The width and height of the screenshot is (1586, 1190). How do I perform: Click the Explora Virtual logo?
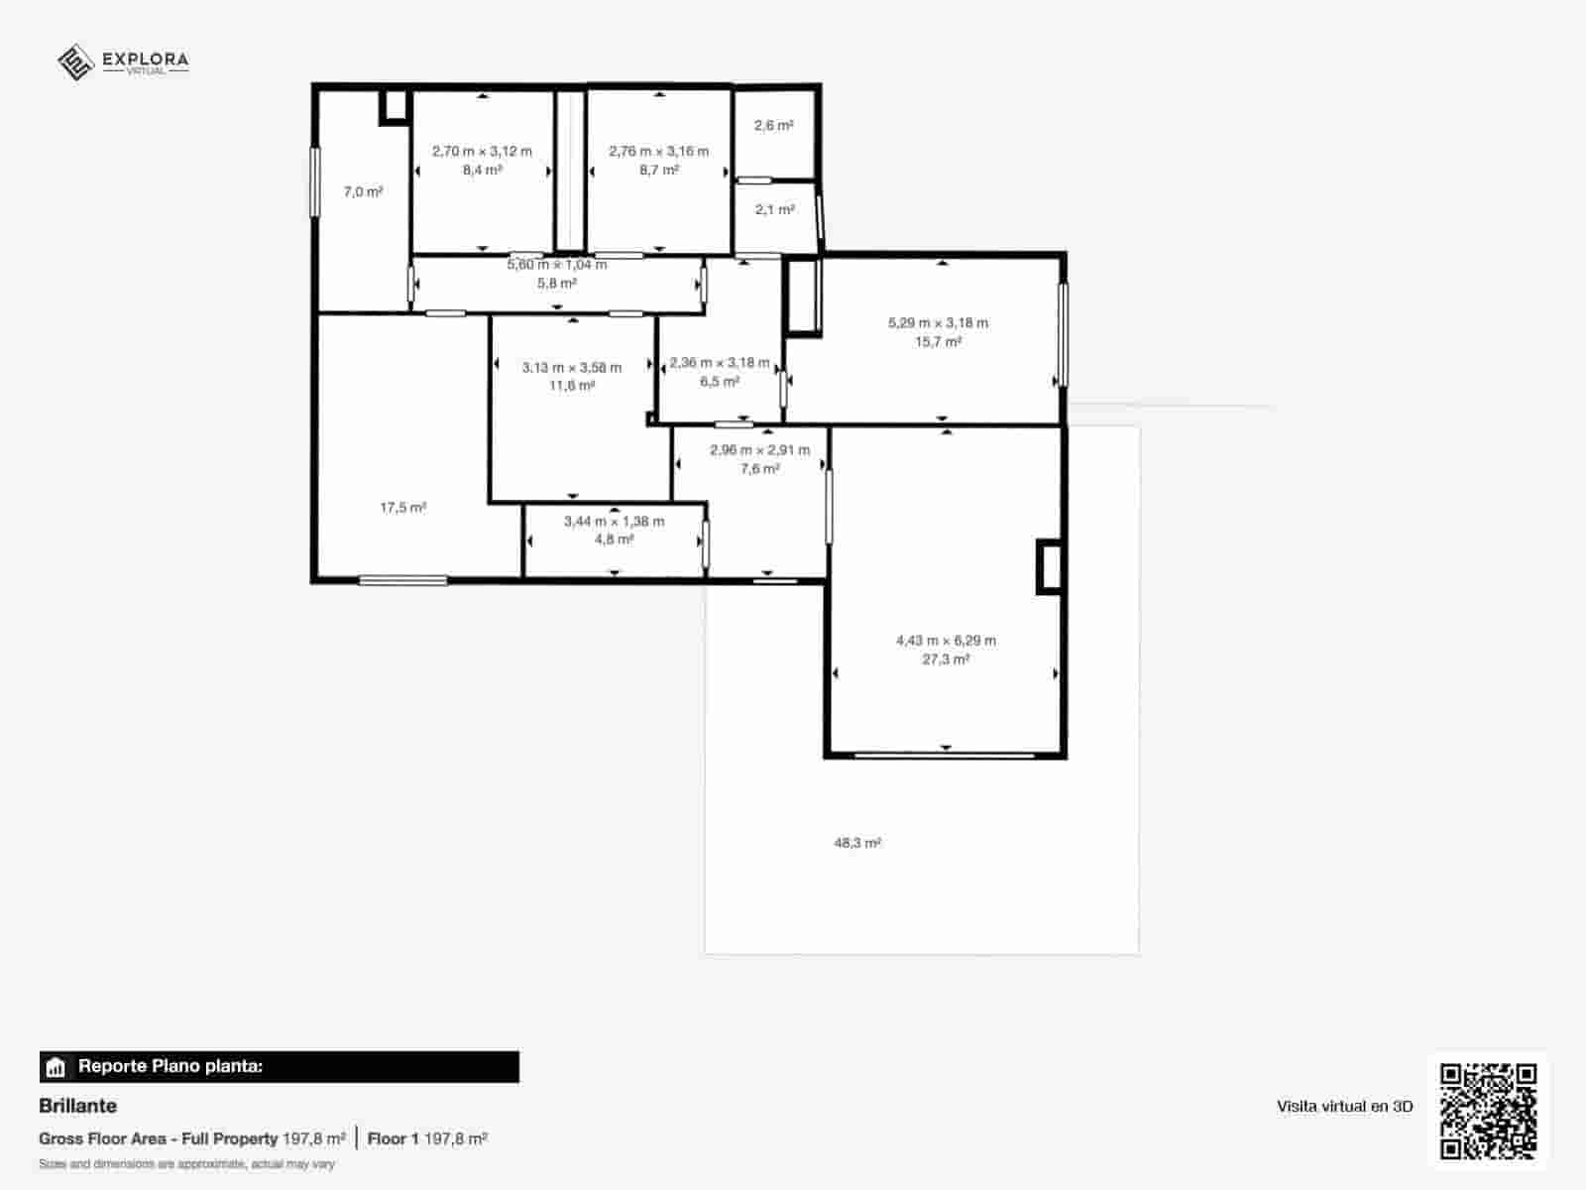123,61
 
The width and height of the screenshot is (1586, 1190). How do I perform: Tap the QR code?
1488,1111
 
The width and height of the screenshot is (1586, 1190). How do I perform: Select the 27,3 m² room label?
946,659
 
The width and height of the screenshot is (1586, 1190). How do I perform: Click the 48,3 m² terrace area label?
857,843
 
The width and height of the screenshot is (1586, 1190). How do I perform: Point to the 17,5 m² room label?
402,508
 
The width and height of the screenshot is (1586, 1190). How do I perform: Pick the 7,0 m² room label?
363,192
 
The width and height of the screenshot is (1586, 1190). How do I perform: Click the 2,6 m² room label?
773,126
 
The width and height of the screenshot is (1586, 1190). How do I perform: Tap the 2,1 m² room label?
774,210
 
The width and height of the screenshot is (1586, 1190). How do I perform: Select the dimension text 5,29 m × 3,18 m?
938,322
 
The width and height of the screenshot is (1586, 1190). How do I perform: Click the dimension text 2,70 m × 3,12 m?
482,152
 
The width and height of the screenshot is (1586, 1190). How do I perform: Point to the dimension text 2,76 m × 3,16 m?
658,152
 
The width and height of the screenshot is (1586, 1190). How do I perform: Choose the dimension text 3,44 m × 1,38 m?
614,521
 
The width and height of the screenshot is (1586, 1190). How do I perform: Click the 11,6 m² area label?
572,386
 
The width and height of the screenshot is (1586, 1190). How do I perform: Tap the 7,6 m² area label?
759,469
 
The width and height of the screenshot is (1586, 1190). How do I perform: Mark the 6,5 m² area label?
719,382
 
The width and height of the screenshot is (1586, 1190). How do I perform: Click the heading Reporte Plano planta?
170,1067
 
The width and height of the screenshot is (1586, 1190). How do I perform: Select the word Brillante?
77,1106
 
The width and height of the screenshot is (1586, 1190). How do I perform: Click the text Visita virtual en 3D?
1344,1107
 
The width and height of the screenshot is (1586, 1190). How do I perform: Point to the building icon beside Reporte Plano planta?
56,1068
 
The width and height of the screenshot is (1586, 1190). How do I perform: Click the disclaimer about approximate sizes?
186,1164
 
